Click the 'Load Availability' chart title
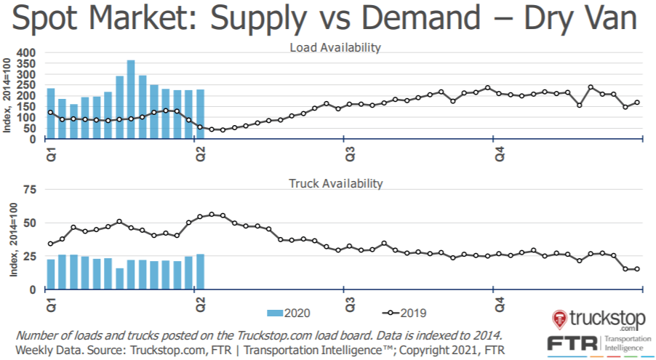click(x=335, y=48)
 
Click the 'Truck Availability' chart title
click(x=335, y=183)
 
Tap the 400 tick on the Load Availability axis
click(x=26, y=53)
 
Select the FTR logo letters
click(x=574, y=343)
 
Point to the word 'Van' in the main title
click(x=612, y=20)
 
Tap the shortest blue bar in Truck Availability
click(x=120, y=279)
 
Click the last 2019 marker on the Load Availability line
click(x=637, y=103)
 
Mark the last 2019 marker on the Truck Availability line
click(x=637, y=269)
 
